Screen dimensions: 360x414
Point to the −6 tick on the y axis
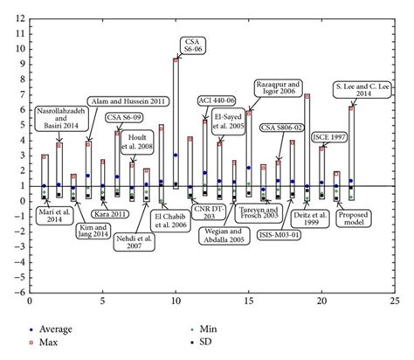tap(19, 293)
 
